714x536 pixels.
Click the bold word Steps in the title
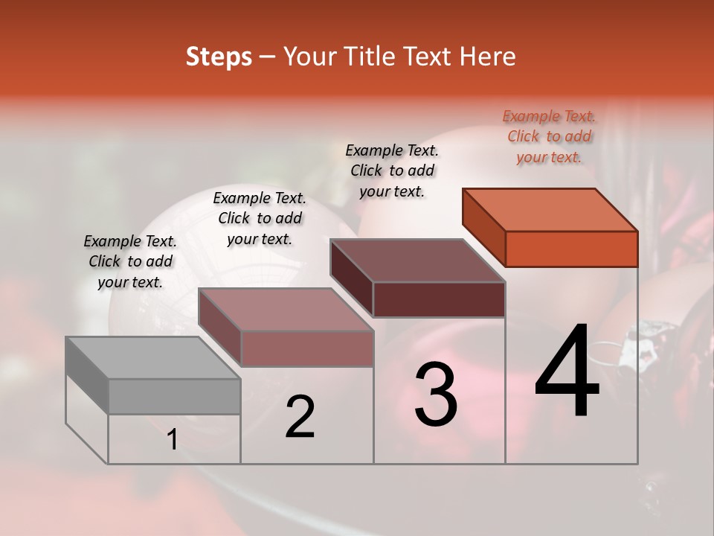219,57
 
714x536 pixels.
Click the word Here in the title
487,57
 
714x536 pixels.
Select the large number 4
567,371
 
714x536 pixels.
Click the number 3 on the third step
436,394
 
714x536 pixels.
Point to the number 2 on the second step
300,417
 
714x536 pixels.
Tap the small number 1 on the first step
172,440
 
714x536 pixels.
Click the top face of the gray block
152,357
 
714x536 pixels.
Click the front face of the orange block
571,249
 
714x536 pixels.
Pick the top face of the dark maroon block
417,261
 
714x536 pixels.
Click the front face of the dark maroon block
439,299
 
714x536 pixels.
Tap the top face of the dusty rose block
286,309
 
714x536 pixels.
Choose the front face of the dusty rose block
307,348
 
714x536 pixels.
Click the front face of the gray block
174,396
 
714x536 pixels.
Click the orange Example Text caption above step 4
549,136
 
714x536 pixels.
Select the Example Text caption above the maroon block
392,170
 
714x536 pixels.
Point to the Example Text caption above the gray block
130,261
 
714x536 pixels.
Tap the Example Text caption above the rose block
260,218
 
